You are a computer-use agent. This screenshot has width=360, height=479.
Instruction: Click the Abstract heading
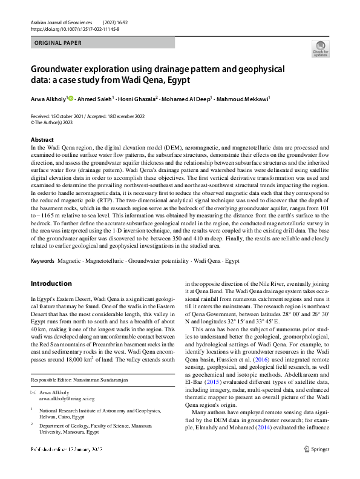[42, 140]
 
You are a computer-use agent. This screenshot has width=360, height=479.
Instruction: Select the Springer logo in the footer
[318, 466]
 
